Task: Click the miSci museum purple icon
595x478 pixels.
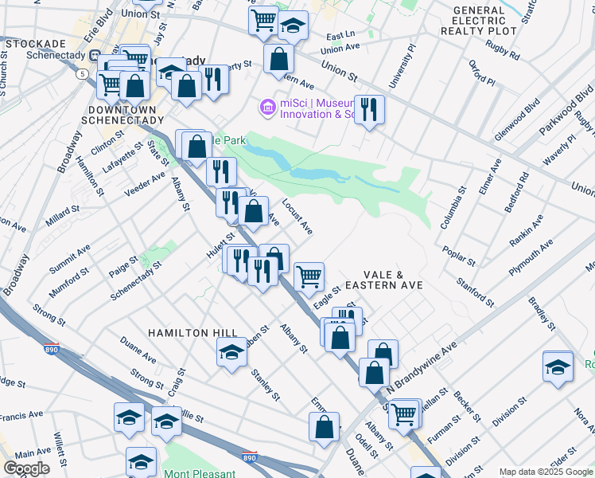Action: pos(266,106)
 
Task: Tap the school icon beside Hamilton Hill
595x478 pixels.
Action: pos(231,352)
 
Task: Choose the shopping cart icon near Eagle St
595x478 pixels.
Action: pos(309,276)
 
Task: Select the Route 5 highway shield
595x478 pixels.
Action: pos(83,73)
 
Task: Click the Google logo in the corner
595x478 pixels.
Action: pos(27,468)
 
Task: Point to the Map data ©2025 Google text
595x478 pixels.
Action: pos(545,472)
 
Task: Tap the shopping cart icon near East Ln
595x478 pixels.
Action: pos(263,21)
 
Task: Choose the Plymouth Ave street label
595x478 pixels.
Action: pos(531,257)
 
